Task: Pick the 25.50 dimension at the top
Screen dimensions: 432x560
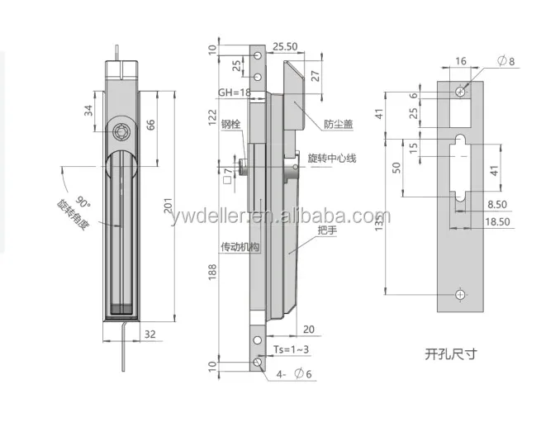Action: click(285, 46)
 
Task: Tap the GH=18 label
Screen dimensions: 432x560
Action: click(234, 93)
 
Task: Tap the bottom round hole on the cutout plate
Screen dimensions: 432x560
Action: click(461, 295)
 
